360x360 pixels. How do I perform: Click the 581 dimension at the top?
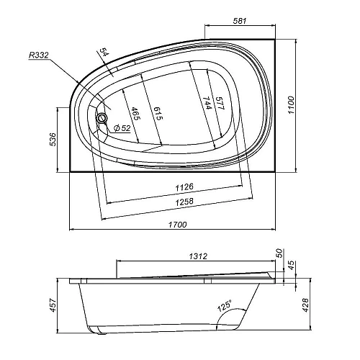click(x=240, y=21)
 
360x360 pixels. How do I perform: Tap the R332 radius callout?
click(x=39, y=55)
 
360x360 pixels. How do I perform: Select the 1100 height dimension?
click(x=290, y=105)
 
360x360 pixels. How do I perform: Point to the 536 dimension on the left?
click(x=53, y=139)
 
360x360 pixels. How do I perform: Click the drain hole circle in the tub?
click(x=102, y=118)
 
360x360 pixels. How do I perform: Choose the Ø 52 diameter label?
click(x=122, y=128)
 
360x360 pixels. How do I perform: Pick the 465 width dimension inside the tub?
click(x=135, y=113)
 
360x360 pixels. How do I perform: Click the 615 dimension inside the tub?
click(x=158, y=113)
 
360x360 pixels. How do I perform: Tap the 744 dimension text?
click(x=206, y=103)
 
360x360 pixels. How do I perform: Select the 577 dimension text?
click(x=220, y=103)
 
